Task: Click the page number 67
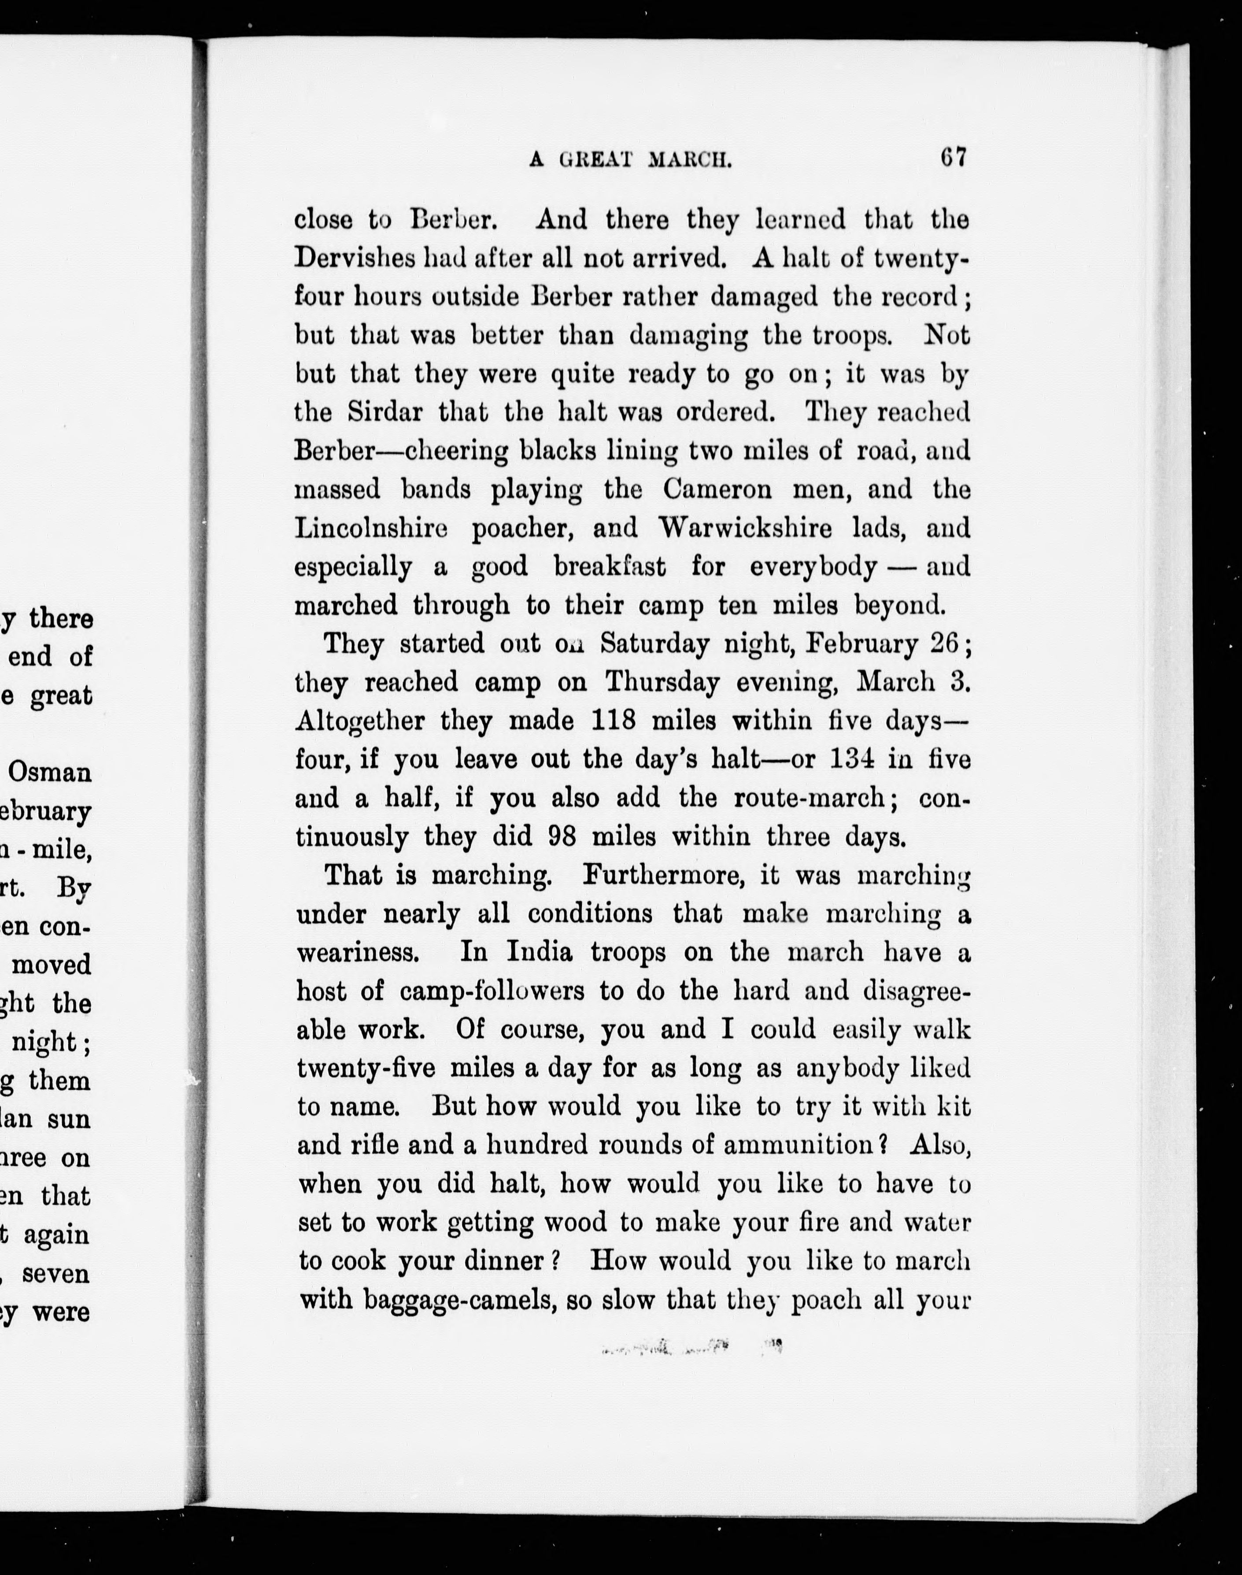952,158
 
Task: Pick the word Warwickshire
745,528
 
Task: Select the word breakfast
610,566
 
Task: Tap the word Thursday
662,682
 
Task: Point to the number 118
614,721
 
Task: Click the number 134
841,759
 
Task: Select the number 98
562,836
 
